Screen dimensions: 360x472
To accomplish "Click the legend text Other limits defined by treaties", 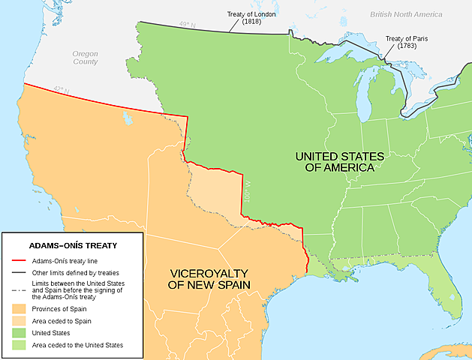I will click(x=75, y=272).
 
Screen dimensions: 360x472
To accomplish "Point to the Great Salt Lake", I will click(x=125, y=118).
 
